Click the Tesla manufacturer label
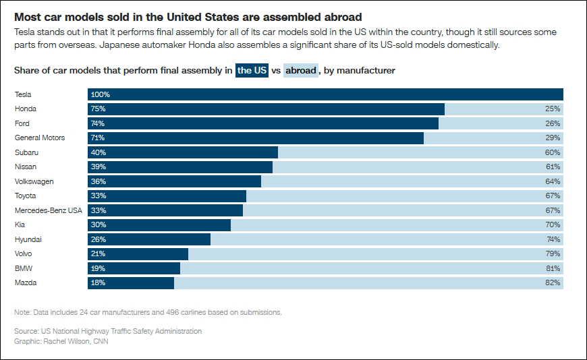click(x=23, y=94)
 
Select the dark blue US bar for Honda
click(x=270, y=109)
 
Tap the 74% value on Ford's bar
click(x=98, y=123)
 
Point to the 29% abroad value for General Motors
click(x=553, y=138)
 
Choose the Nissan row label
click(x=26, y=167)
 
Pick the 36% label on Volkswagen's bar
click(x=98, y=181)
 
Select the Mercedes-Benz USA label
click(x=48, y=210)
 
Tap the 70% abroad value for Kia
click(x=553, y=224)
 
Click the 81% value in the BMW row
click(x=553, y=268)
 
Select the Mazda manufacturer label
click(x=26, y=282)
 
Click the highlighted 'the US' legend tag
click(x=252, y=70)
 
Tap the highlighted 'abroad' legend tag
click(x=301, y=70)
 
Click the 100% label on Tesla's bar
click(x=100, y=94)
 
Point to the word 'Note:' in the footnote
click(x=23, y=312)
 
